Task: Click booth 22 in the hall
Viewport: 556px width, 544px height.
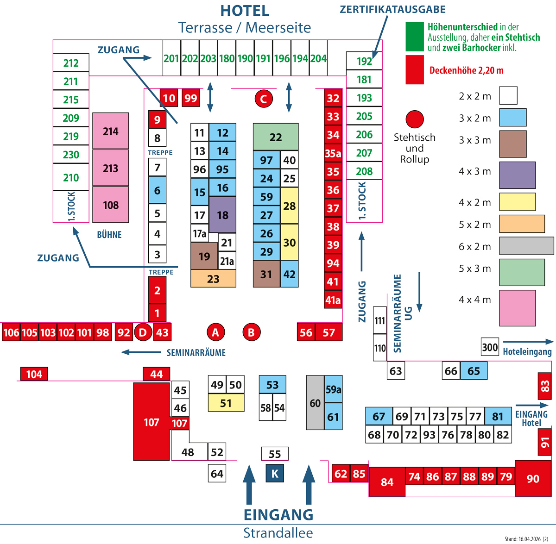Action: point(276,137)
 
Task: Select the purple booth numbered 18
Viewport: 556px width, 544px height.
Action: point(222,215)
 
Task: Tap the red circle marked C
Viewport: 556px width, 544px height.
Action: point(264,99)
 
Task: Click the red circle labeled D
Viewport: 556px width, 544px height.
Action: point(143,332)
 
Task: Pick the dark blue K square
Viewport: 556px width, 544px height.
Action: point(275,474)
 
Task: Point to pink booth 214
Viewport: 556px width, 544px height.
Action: point(111,131)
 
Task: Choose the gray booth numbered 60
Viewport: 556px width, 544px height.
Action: point(315,403)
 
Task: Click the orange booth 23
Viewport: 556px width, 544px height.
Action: point(213,279)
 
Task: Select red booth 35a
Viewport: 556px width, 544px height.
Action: point(333,153)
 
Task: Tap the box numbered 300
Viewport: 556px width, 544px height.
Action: point(490,347)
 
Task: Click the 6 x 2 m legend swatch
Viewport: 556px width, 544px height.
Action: point(526,246)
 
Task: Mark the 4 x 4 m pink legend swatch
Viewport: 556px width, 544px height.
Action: point(517,308)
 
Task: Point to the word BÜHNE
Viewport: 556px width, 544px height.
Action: point(109,235)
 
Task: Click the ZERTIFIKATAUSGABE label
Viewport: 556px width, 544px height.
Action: point(392,10)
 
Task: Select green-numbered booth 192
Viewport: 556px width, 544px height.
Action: point(364,61)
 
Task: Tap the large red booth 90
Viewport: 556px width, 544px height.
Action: point(533,478)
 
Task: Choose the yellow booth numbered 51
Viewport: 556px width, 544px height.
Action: point(226,403)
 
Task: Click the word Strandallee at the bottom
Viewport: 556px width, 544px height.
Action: point(278,533)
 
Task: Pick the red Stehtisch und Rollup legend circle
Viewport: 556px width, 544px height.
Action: point(415,119)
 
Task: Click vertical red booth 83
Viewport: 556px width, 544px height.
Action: point(544,386)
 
